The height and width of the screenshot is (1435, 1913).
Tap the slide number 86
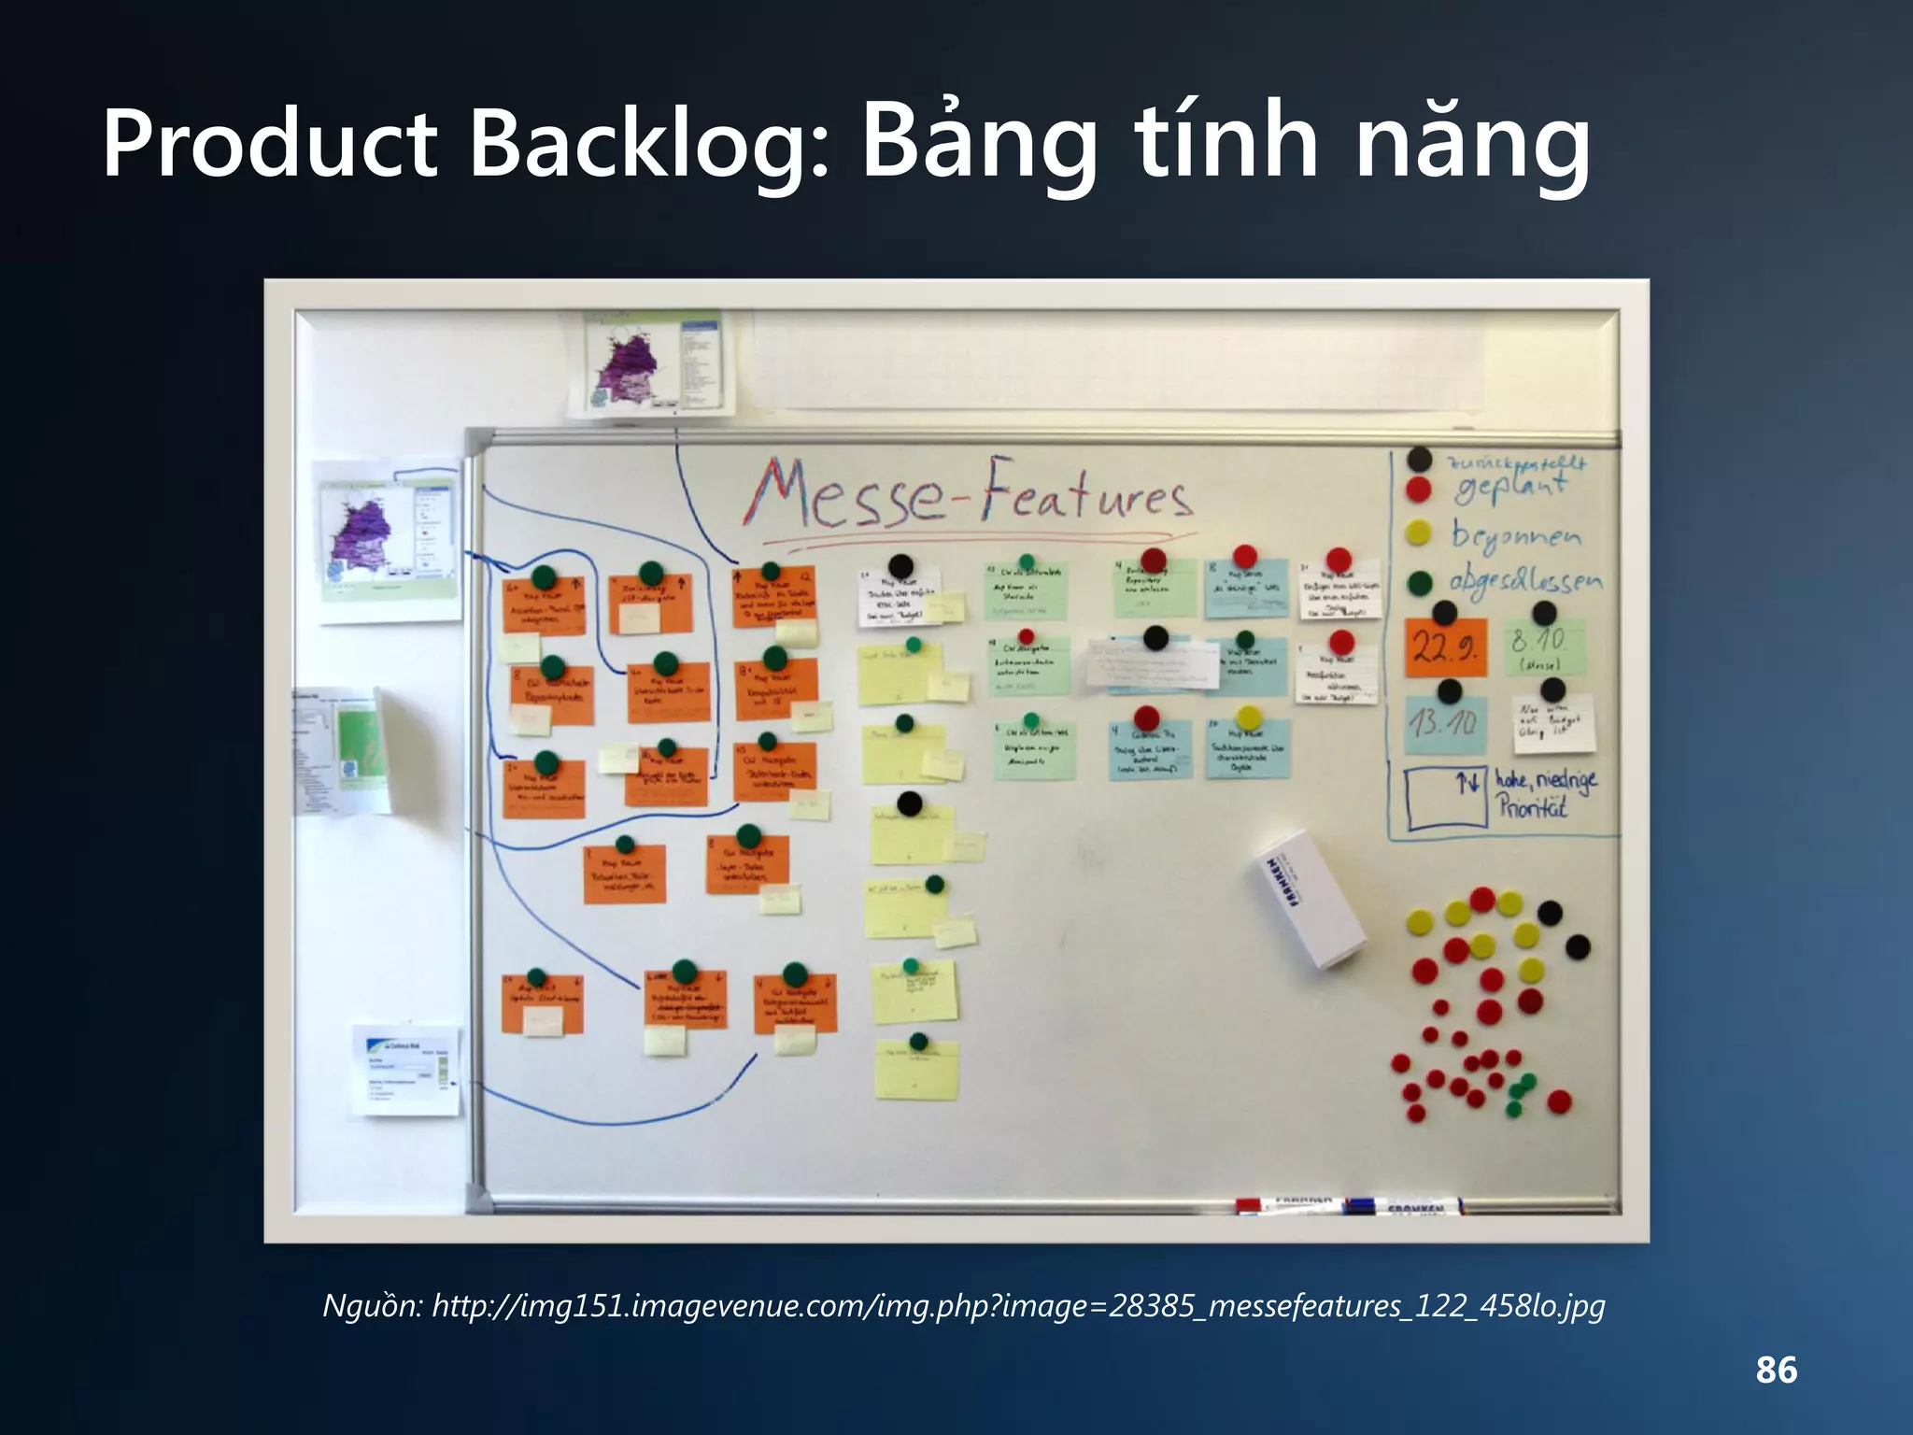click(1776, 1370)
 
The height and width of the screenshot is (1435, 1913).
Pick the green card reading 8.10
click(1545, 646)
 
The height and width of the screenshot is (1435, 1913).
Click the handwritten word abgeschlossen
click(1524, 581)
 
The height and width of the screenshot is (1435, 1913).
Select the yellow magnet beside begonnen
click(1418, 533)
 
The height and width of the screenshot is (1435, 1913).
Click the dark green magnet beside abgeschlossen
click(1419, 583)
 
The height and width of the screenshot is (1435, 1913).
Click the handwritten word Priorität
click(1532, 806)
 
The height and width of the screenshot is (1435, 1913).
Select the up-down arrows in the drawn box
click(1469, 781)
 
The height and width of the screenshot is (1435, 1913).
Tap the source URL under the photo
click(963, 1304)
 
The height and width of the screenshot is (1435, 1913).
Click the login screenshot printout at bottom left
click(405, 1070)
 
